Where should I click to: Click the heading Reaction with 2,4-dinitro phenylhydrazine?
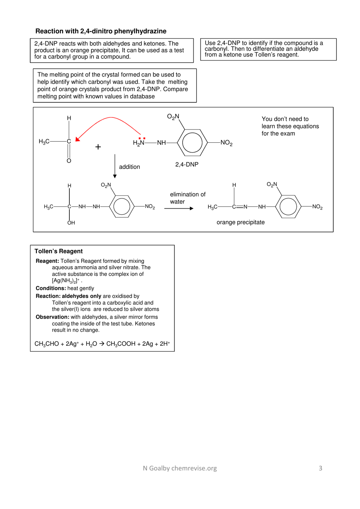101,31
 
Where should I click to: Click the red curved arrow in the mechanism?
110,118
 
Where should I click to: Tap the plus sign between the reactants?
98,147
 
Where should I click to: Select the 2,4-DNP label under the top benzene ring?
186,164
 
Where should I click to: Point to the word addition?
129,167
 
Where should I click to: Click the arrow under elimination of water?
178,208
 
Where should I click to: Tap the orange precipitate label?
240,222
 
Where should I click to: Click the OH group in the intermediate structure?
71,223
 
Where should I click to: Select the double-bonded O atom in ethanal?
69,161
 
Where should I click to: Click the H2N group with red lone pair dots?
139,143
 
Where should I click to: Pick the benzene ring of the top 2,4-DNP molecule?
192,143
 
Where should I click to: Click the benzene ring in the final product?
288,207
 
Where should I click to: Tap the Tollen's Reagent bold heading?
58,251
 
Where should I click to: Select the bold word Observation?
52,317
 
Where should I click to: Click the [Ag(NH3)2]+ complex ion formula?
66,281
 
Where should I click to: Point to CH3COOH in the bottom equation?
121,344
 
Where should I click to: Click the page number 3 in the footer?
320,468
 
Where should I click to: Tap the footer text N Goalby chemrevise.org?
180,468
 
